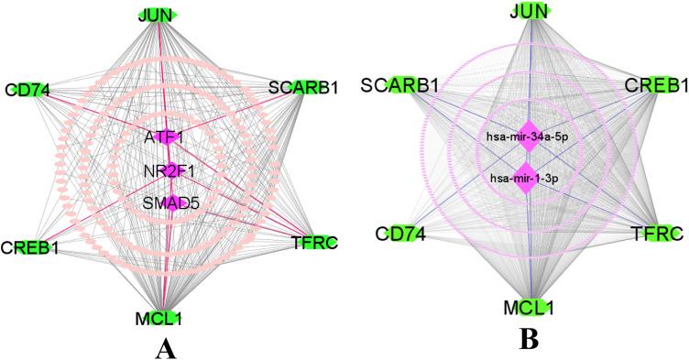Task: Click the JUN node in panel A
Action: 157,14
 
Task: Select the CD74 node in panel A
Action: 27,90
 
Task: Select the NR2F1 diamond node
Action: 170,169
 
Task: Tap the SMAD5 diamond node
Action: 171,202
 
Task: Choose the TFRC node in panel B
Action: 656,234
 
